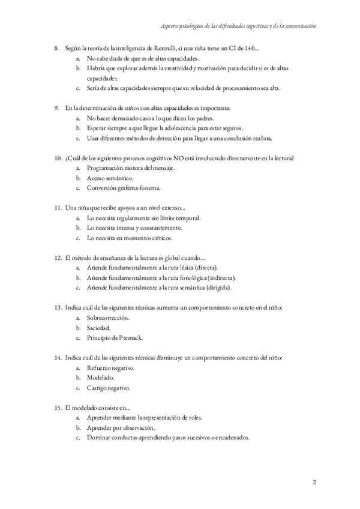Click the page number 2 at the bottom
314,482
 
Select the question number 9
56,108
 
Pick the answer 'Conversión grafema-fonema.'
124,188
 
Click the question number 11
58,208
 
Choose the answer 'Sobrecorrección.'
108,318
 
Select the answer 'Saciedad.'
98,328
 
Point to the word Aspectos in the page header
173,27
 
